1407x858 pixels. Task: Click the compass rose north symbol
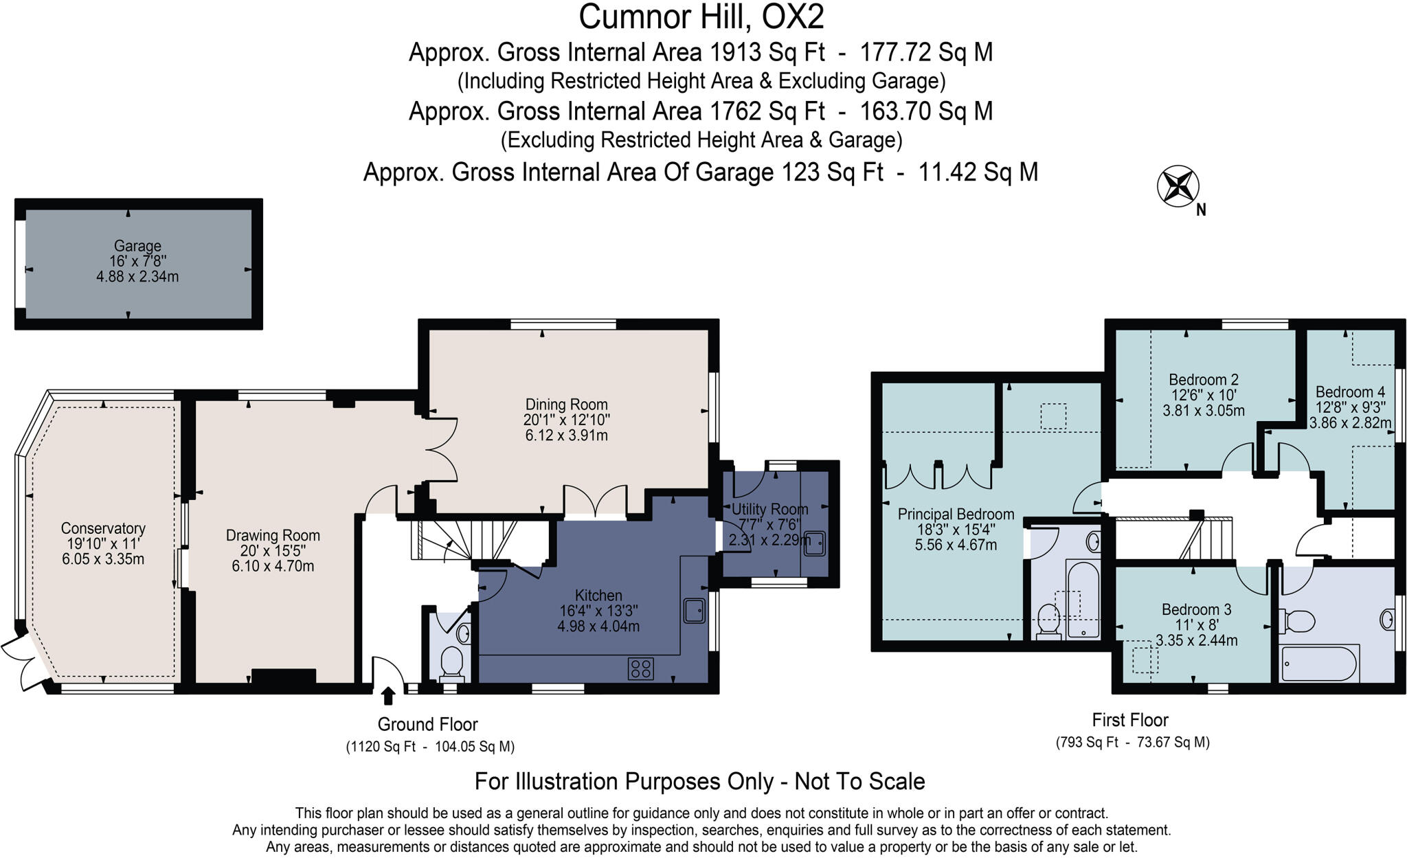pos(1178,186)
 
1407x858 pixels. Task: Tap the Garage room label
pos(137,246)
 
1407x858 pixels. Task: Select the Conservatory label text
pos(103,528)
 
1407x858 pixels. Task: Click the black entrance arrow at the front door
pos(388,696)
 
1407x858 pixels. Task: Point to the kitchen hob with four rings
pos(640,668)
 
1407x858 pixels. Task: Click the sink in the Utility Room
pos(814,542)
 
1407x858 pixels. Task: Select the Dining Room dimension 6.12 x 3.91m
pos(566,436)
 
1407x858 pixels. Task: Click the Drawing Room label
pos(273,535)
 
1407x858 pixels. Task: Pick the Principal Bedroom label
pos(956,514)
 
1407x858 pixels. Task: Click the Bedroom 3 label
pos(1196,609)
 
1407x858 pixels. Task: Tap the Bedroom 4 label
pos(1344,392)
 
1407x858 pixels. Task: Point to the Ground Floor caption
pos(427,724)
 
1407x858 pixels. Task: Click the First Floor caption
pos(1130,720)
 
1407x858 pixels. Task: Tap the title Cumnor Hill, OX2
pos(701,17)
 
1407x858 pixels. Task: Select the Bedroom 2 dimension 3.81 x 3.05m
pos(1203,411)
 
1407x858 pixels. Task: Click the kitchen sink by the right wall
pos(695,611)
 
